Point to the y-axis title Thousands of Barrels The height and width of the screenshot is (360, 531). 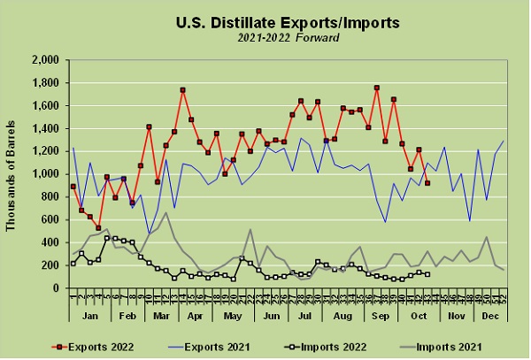[12, 172]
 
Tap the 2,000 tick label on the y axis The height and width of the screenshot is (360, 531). [44, 60]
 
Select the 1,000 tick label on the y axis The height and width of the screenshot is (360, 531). [44, 174]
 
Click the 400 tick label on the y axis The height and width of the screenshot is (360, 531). [50, 242]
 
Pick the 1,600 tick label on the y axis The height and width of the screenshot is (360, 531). [44, 106]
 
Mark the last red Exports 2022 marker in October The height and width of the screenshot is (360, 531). [427, 183]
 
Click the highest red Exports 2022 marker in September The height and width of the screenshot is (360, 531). [377, 88]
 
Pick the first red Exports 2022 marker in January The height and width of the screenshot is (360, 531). [73, 187]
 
